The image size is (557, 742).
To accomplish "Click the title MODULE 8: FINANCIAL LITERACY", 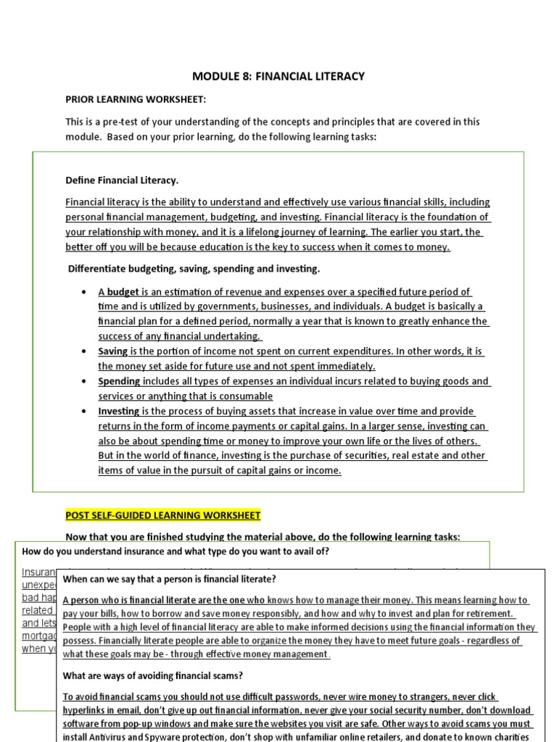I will click(x=278, y=76).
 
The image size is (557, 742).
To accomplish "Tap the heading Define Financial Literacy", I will click(x=122, y=180).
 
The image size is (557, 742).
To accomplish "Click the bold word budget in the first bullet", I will click(x=123, y=292).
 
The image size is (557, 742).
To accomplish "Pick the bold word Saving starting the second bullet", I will click(x=113, y=351).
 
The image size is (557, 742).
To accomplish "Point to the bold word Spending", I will click(x=120, y=381).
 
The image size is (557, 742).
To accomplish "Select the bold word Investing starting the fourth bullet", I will click(x=119, y=411).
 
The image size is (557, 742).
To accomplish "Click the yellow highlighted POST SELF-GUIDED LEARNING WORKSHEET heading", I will click(x=162, y=515).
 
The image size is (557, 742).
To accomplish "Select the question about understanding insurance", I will click(x=176, y=551).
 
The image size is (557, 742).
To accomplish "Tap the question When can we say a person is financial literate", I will click(x=169, y=579).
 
